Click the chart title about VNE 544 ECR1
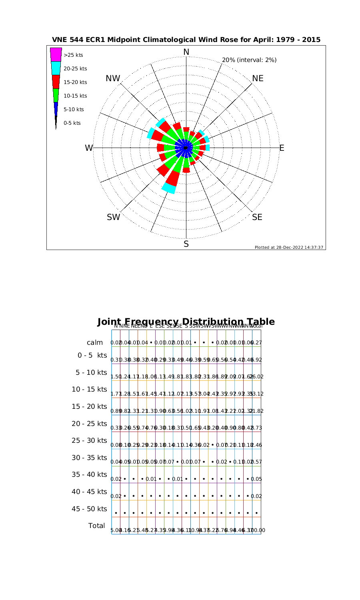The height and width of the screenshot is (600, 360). (186, 40)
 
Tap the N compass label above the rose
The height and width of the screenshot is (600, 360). (186, 52)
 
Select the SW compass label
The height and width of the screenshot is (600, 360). (114, 217)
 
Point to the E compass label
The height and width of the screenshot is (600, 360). (282, 148)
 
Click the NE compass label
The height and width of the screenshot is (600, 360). (258, 78)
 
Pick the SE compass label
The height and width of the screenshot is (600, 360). (257, 217)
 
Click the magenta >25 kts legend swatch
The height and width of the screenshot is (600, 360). (56, 55)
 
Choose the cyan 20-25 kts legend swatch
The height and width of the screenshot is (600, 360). (56, 68)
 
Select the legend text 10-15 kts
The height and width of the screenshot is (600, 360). (75, 96)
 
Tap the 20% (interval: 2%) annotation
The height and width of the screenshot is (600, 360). (249, 60)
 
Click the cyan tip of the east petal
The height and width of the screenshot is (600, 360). (207, 148)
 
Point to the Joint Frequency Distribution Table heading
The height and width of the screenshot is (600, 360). (186, 322)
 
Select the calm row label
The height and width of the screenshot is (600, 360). (95, 343)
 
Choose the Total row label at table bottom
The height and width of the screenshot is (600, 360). (96, 526)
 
